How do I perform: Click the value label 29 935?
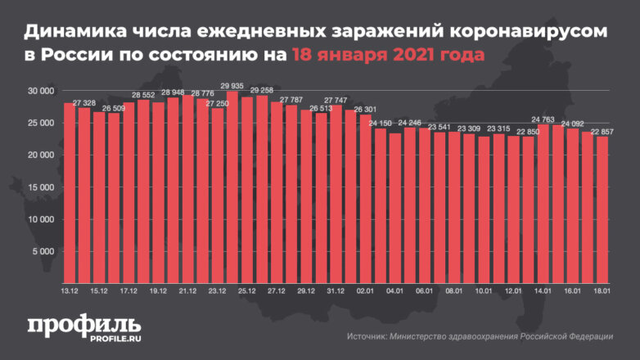(232, 86)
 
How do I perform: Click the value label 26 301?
(365, 109)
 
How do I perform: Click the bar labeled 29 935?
(232, 188)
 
